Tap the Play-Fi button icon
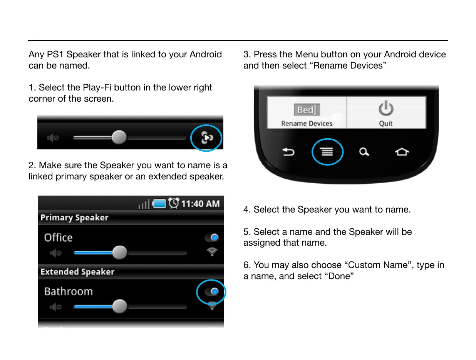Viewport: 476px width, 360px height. [207, 137]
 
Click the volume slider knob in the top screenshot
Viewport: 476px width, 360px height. [119, 137]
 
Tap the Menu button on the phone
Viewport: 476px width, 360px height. [327, 152]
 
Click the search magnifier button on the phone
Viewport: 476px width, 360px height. [364, 152]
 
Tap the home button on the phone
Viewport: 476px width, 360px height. [402, 152]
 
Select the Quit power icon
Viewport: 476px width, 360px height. [386, 108]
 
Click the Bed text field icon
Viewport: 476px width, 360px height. [307, 110]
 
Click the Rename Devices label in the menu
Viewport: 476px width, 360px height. [307, 124]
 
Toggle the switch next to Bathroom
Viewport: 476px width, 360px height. [212, 291]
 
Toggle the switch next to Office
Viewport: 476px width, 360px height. [212, 238]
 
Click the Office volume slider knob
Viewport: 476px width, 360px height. [119, 253]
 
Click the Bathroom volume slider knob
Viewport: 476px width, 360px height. [119, 306]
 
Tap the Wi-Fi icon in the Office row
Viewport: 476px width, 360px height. [212, 252]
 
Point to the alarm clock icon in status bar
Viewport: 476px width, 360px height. [174, 203]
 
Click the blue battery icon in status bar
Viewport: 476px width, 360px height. [159, 204]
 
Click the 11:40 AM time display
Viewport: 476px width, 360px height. [200, 204]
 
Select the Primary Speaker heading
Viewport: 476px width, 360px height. [74, 218]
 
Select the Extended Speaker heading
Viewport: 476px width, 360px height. [77, 272]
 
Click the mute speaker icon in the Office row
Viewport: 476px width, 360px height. [55, 253]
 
